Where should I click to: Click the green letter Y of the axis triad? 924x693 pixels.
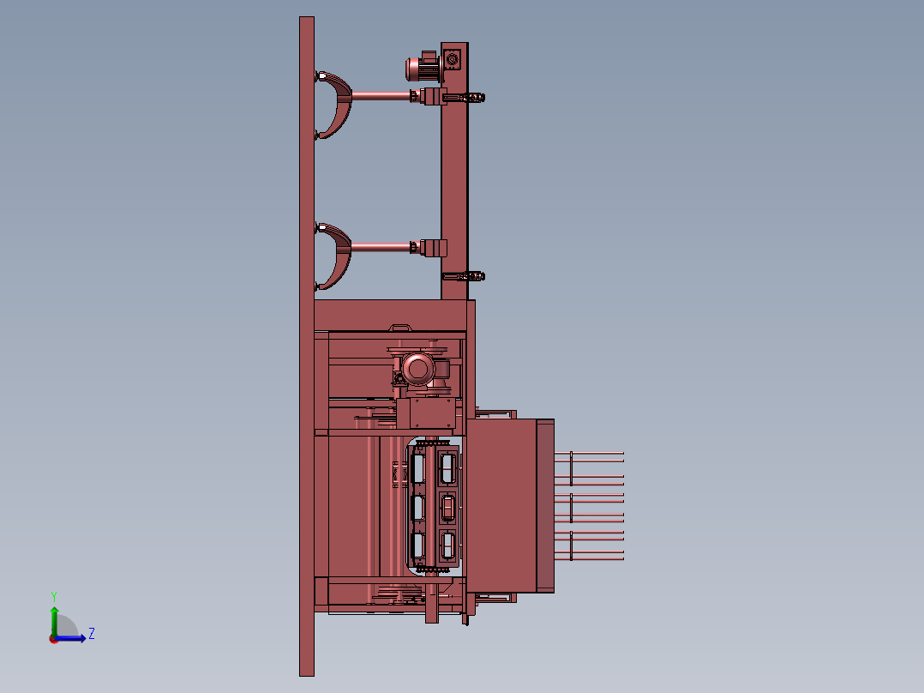(x=54, y=596)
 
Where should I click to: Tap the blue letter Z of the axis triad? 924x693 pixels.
(x=92, y=634)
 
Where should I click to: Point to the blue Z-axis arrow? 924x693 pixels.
(x=70, y=638)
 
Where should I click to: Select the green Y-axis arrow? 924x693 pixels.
(x=54, y=621)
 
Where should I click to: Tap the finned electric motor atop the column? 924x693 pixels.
(x=423, y=68)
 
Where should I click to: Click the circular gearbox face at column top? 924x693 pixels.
(x=453, y=59)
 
